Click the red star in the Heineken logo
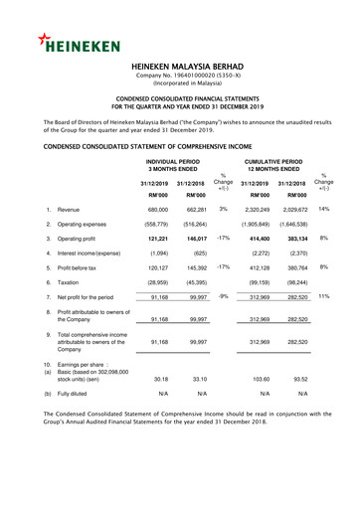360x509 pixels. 47,39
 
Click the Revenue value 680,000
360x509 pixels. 156,211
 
